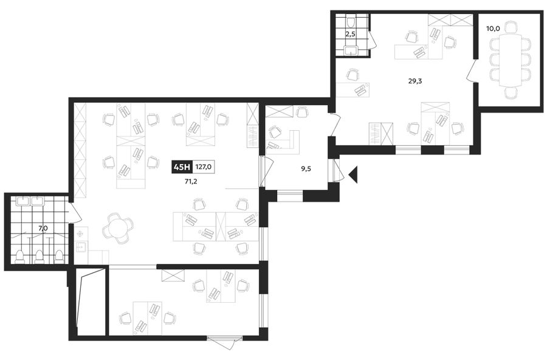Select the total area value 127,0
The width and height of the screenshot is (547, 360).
[204, 167]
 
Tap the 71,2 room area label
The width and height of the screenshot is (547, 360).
[191, 181]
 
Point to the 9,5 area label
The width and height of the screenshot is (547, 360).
[306, 169]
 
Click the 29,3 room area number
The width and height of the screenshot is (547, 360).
[415, 81]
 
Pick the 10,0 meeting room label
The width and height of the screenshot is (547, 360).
[494, 29]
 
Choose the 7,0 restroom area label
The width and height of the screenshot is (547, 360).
[43, 229]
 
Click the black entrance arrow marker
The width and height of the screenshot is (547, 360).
[353, 175]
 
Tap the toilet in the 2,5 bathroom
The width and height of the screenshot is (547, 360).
[351, 22]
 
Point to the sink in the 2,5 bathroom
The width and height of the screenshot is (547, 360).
[350, 51]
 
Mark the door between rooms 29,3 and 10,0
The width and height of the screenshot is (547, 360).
[472, 72]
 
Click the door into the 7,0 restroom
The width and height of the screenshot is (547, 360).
[75, 212]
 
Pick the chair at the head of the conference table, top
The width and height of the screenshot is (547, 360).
[511, 28]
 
